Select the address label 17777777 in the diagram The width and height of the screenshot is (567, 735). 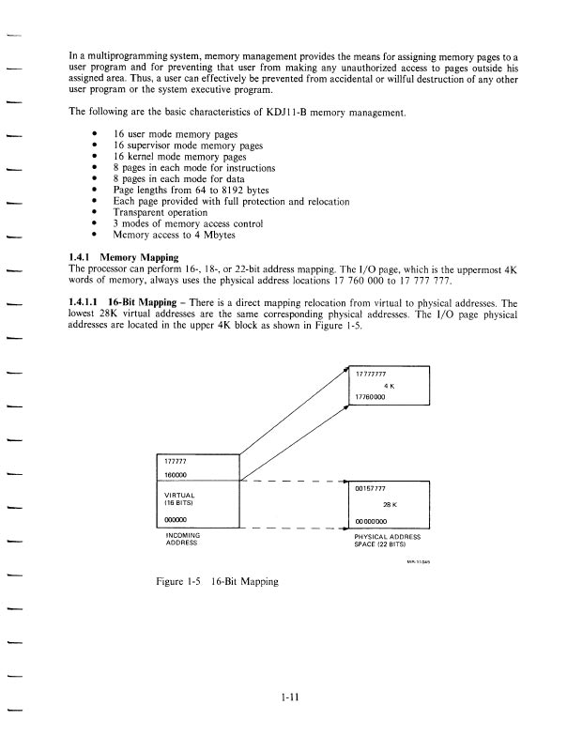(374, 375)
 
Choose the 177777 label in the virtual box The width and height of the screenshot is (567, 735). (176, 462)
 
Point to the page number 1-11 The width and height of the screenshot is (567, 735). (289, 697)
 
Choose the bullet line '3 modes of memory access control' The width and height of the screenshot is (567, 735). (188, 224)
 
